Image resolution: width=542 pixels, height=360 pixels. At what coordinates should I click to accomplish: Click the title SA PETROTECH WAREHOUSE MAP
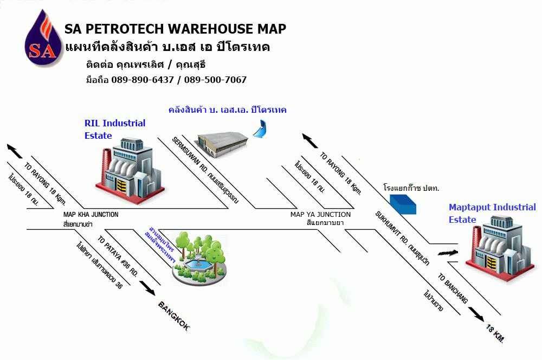pyautogui.click(x=175, y=29)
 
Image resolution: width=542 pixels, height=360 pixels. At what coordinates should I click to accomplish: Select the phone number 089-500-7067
pyautogui.click(x=215, y=80)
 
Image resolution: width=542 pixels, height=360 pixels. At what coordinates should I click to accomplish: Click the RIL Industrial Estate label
pyautogui.click(x=114, y=129)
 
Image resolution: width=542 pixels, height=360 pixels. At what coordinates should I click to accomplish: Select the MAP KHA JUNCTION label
pyautogui.click(x=91, y=215)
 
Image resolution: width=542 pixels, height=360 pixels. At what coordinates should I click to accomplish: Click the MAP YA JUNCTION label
pyautogui.click(x=320, y=215)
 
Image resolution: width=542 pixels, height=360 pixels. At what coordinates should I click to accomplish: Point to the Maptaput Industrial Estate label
pyautogui.click(x=492, y=213)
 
